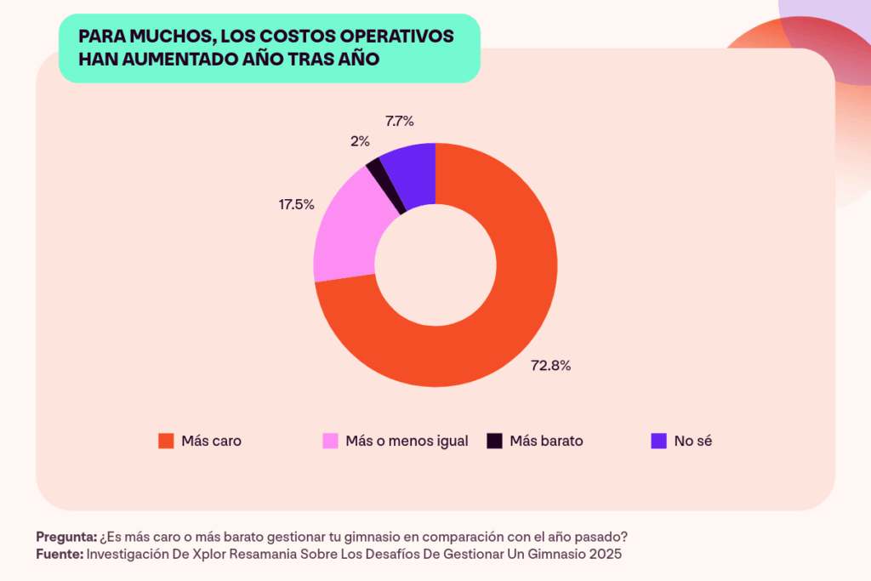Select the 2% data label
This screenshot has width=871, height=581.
coord(360,141)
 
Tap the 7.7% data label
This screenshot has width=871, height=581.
coord(400,121)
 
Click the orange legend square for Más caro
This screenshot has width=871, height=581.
coord(166,441)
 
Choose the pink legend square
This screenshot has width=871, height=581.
coord(330,441)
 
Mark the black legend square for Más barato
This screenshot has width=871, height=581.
coord(494,441)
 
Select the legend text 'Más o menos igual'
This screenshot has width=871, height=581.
coord(407,441)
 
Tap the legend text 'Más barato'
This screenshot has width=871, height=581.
coord(546,441)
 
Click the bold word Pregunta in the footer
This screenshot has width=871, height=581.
coord(65,537)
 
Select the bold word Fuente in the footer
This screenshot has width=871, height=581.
coord(59,554)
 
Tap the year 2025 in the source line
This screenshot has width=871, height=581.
coord(605,554)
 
